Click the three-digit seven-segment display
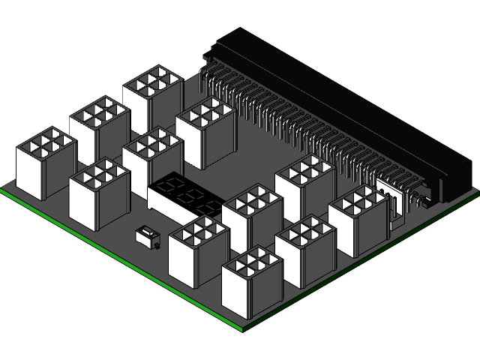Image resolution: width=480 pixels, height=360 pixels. (x=184, y=196)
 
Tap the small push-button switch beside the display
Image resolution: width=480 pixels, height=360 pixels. (x=148, y=238)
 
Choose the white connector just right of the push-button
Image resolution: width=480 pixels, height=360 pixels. (x=198, y=251)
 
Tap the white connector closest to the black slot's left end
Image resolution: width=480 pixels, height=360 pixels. (x=205, y=131)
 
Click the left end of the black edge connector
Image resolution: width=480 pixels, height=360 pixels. (x=225, y=45)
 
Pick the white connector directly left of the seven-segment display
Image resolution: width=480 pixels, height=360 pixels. (x=99, y=193)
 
